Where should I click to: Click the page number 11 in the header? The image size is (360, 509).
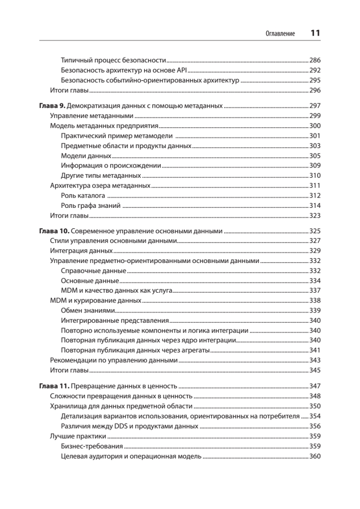315,33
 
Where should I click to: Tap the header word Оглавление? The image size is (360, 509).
280,34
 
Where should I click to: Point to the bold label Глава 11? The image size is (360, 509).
53,386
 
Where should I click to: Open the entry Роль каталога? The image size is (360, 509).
83,196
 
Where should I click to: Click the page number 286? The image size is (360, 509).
315,60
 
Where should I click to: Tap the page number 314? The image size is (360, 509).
315,206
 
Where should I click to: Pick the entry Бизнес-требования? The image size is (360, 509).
92,446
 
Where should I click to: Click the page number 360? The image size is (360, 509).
315,456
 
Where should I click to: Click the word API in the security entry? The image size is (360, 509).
185,70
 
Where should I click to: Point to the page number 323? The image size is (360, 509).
315,216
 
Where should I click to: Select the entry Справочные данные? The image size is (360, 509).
93,271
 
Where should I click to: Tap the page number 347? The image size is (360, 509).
315,386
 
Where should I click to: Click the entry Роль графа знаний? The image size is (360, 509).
91,206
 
